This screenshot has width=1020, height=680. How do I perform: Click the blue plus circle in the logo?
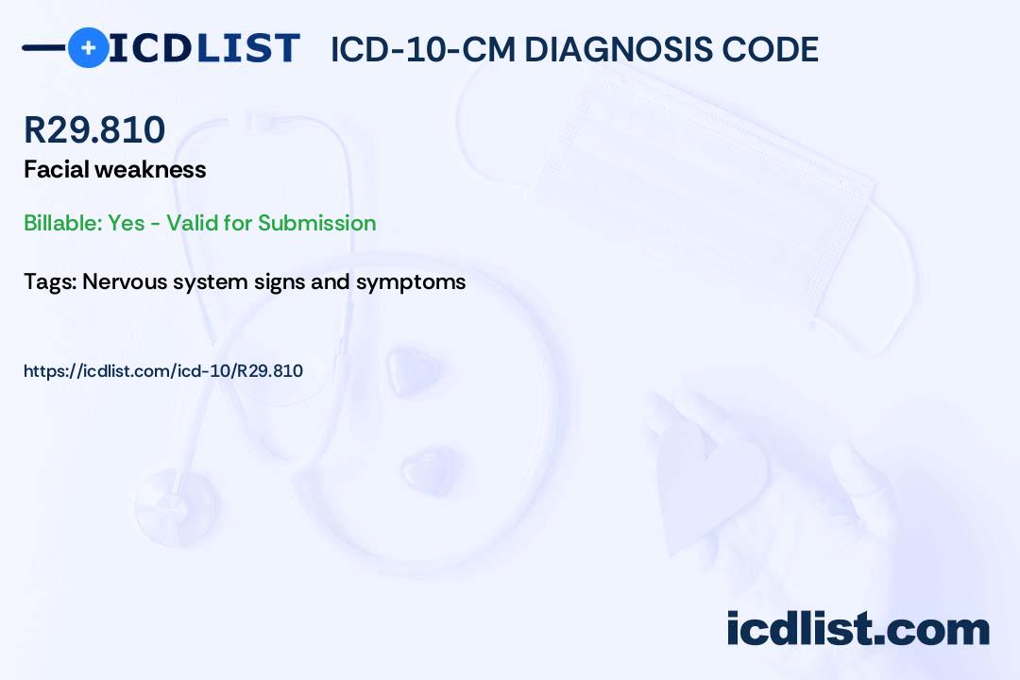pyautogui.click(x=88, y=47)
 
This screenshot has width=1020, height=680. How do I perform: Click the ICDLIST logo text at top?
pyautogui.click(x=204, y=47)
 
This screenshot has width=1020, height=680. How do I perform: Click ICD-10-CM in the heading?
pyautogui.click(x=422, y=49)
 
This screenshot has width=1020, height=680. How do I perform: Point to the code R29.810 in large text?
pyautogui.click(x=94, y=130)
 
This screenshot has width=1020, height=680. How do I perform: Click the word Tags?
pyautogui.click(x=49, y=281)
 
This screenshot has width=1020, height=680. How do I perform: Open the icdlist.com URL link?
pyautogui.click(x=163, y=371)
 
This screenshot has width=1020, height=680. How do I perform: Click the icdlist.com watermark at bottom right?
pyautogui.click(x=858, y=629)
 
